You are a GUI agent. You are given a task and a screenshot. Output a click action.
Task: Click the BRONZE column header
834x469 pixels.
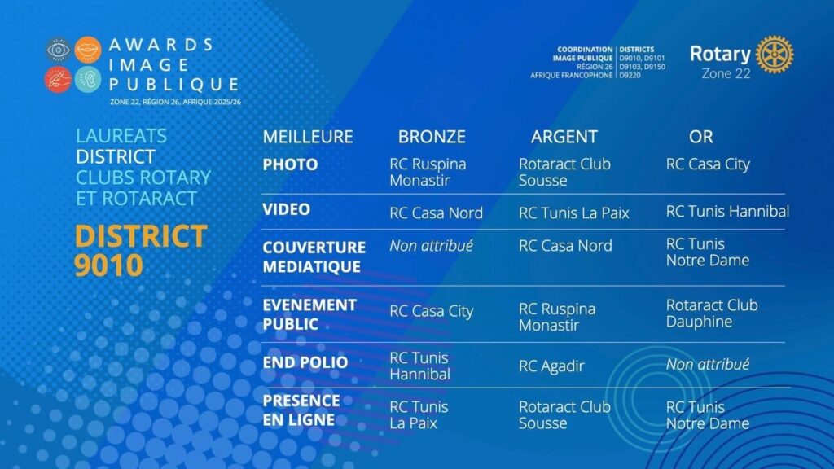coord(432,137)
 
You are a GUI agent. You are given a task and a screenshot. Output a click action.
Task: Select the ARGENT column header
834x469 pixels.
coord(564,137)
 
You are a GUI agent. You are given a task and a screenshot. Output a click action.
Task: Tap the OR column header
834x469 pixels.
coord(700,137)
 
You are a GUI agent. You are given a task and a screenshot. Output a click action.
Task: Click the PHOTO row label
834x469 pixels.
coord(290,164)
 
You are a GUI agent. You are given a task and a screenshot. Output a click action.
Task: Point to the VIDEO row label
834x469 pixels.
coord(286,209)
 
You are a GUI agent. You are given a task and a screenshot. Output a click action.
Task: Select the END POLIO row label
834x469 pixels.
coord(305,362)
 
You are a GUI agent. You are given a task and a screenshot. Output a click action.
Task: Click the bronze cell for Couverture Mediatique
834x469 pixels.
coord(431,246)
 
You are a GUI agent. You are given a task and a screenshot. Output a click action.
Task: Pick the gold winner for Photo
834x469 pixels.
coord(708,164)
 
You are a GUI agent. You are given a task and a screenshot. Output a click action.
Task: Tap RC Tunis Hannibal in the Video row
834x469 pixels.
coord(727,211)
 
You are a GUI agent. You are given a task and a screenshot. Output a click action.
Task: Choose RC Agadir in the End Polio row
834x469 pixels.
coord(551,366)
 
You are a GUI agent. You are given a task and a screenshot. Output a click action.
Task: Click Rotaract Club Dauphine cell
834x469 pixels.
coord(712,313)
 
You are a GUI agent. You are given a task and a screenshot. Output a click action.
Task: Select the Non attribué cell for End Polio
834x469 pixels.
coord(708,364)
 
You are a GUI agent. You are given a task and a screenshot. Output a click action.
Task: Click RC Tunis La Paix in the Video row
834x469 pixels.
coord(573,213)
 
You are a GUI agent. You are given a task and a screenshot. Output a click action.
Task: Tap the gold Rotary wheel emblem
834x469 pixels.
coord(775,55)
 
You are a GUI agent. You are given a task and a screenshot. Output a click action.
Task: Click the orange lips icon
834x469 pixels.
coord(88,50)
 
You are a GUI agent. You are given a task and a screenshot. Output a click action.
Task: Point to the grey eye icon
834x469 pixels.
coord(58,50)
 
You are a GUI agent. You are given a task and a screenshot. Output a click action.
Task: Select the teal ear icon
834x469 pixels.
coord(88,80)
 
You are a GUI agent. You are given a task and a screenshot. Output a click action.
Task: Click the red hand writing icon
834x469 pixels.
coord(58,80)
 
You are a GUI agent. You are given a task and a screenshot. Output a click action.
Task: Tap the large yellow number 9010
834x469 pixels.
coord(108,265)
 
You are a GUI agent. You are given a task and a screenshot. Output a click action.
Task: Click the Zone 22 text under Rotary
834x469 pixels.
coord(726,73)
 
